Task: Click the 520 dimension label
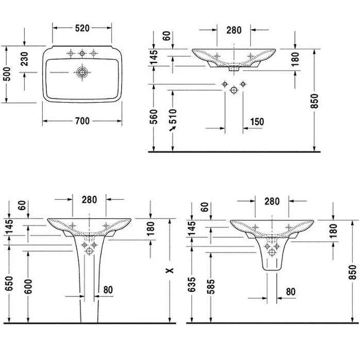coord(82,28)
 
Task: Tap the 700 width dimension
coord(82,121)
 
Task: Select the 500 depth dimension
coord(8,74)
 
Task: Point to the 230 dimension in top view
coord(25,59)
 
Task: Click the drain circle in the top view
coord(81,72)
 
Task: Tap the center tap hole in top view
coord(82,54)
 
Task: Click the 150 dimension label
coord(257,122)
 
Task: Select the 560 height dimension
coord(154,117)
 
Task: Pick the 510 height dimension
coord(173,116)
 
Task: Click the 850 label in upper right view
coord(314,101)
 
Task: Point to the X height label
coord(170,270)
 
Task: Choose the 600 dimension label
coord(28,287)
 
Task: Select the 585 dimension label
coord(210,287)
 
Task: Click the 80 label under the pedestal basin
coord(108,290)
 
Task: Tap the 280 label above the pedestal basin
coord(89,200)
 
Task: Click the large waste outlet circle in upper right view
coord(234,90)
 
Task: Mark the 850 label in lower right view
coord(352,272)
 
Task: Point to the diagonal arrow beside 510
coord(172,128)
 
